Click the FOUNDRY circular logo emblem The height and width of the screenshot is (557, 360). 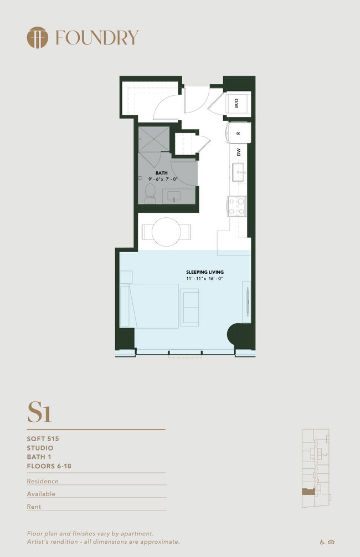tap(37, 37)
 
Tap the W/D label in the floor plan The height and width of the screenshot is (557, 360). tap(236, 104)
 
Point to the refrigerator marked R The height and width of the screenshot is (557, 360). tap(238, 133)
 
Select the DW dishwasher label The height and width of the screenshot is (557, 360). tap(239, 152)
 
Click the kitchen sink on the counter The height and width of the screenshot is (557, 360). tap(239, 172)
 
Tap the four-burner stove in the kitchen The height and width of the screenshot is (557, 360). tap(237, 206)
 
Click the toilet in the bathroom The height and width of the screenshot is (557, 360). tap(150, 193)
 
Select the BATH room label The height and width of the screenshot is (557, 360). tap(162, 173)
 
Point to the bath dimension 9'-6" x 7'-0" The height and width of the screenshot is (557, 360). tap(163, 179)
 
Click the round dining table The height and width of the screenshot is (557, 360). tap(166, 232)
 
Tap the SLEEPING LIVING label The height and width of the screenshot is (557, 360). tap(205, 272)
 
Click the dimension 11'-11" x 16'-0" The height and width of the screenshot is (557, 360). tap(204, 278)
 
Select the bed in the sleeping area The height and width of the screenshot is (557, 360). tap(150, 306)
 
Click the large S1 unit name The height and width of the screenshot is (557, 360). tap(39, 412)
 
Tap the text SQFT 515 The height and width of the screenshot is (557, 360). tap(43, 439)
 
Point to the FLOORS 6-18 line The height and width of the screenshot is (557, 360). tap(49, 466)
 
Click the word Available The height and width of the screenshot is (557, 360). tap(41, 494)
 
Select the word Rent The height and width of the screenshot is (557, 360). tap(34, 507)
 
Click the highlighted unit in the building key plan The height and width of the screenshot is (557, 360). tap(308, 492)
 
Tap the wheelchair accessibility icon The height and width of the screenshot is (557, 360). tap(322, 542)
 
